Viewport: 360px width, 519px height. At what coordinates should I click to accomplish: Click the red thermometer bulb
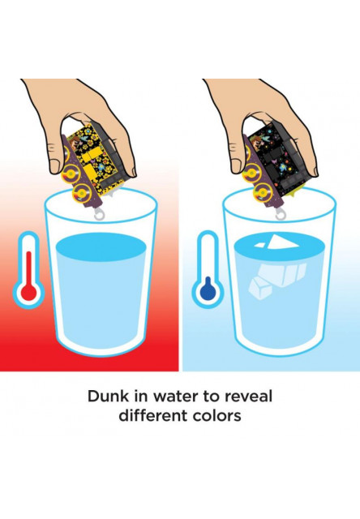tap(29, 292)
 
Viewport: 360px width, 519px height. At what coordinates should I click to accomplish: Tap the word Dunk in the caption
tap(108, 397)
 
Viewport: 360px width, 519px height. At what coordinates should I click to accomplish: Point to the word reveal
tap(248, 397)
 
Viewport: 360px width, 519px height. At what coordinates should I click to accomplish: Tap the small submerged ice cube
tap(260, 289)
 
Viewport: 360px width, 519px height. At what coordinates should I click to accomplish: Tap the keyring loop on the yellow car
tap(99, 214)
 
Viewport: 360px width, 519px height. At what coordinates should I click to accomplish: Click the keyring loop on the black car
tap(281, 214)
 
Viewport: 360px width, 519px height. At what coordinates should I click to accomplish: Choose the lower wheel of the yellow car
tap(82, 193)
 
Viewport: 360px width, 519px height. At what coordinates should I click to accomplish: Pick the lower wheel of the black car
tap(263, 193)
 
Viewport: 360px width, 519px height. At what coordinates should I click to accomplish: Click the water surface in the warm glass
tap(101, 247)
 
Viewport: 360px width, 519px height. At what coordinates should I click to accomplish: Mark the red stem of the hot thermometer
tap(29, 268)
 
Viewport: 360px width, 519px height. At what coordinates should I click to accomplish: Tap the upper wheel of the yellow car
tap(71, 173)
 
